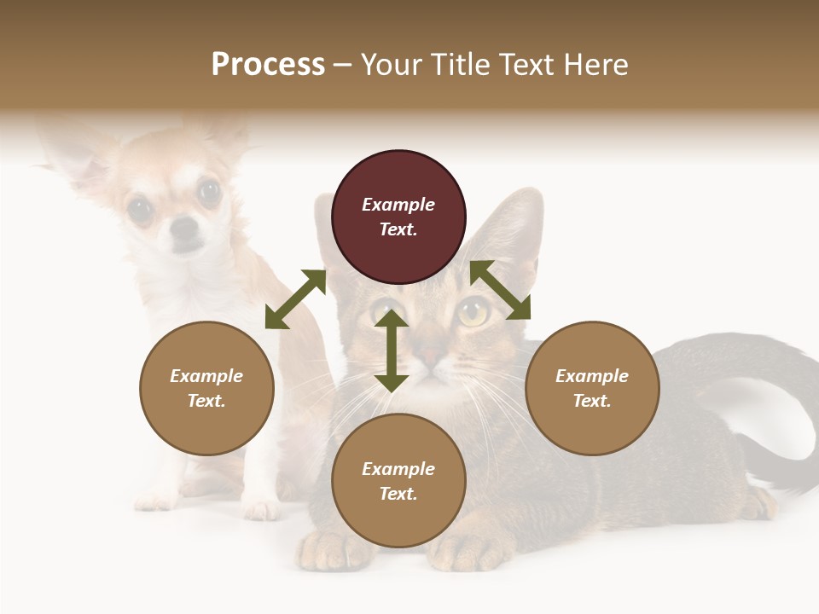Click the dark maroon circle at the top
point(398,217)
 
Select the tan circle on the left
point(206,388)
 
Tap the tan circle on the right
point(592,388)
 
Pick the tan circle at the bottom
point(398,481)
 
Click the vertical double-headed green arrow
point(392,350)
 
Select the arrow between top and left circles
point(295,299)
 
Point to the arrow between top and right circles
point(501,290)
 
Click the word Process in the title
point(268,64)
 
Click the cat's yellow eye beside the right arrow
point(474,312)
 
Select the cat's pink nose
point(433,354)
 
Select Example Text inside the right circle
point(592,388)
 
